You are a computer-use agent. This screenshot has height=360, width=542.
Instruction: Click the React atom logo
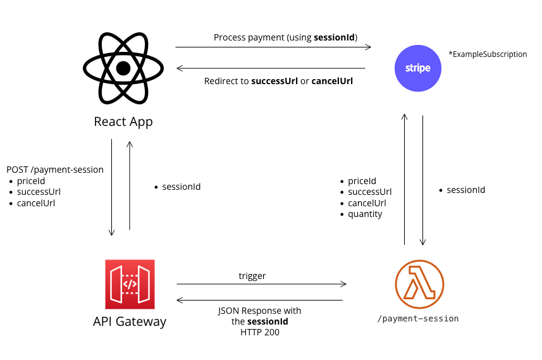(123, 68)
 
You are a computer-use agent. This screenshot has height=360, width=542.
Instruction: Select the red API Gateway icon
(130, 284)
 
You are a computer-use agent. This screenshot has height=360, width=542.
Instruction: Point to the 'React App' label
(123, 121)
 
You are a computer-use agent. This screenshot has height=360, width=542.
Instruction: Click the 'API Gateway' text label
(130, 321)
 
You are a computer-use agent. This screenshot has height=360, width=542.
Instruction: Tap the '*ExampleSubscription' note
(488, 54)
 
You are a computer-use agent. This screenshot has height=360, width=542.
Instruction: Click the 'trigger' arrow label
(252, 276)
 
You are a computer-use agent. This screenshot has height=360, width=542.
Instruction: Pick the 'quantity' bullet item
(365, 214)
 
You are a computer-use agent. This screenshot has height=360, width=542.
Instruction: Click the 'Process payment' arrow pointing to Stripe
(273, 47)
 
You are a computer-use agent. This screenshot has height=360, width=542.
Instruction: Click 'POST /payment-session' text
(55, 170)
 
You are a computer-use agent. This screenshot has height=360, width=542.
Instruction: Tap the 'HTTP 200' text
(259, 332)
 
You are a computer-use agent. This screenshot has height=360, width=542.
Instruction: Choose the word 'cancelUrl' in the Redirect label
(332, 81)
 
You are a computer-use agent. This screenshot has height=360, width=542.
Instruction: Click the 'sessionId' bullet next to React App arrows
(181, 187)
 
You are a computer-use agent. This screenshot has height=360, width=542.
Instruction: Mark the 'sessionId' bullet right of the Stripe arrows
(465, 190)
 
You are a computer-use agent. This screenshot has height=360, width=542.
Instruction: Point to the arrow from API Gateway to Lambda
(261, 284)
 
